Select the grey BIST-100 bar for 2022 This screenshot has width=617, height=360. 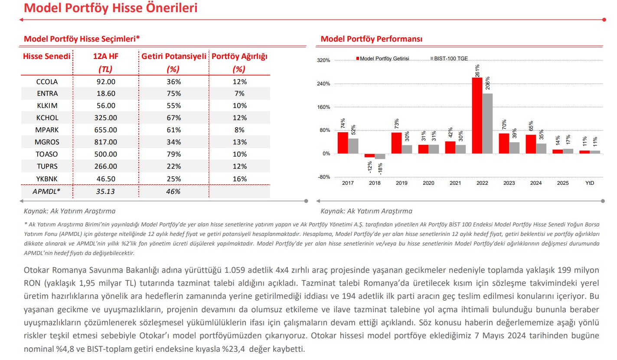point(487,123)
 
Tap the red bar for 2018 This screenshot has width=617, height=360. point(369,155)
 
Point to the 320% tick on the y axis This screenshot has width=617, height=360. point(324,60)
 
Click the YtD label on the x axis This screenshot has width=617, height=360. point(589,183)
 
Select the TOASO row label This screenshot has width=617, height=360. point(47,154)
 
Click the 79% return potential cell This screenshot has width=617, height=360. point(173,154)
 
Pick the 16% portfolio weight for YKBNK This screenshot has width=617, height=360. point(239,179)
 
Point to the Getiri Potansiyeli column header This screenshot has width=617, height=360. point(174,57)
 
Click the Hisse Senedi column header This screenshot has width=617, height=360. point(46,57)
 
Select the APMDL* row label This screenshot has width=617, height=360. point(47,191)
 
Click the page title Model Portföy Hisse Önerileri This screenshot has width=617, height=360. point(110,8)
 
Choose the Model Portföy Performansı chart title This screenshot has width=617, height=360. point(372,39)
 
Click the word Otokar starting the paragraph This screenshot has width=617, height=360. point(36,271)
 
